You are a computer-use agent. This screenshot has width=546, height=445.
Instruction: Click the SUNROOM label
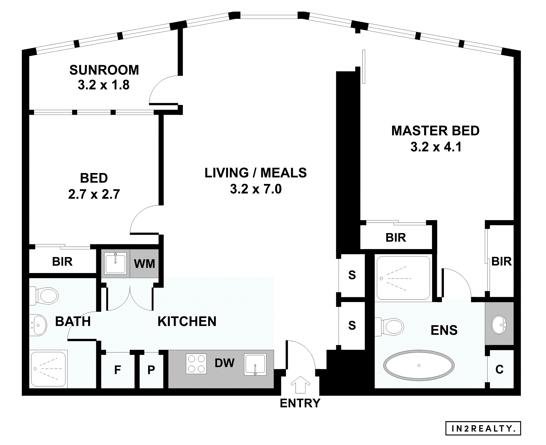point(104,70)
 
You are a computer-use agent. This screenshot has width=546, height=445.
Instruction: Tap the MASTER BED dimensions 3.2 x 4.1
point(436,147)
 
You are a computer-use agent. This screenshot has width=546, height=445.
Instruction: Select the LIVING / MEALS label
point(256,173)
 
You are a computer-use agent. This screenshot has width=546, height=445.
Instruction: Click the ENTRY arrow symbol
point(300,385)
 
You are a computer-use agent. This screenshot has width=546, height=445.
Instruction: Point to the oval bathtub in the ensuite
point(419,365)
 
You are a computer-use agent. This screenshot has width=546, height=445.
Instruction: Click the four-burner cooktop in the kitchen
point(196,364)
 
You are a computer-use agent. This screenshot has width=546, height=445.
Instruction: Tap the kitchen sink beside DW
point(255,364)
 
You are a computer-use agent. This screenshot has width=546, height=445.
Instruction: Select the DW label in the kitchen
point(225,363)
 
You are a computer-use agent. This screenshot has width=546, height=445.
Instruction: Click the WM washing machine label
point(144,264)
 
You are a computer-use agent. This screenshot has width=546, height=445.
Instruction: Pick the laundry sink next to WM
point(116,263)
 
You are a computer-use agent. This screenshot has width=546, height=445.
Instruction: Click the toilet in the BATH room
point(44,296)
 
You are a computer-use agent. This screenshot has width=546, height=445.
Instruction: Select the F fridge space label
point(117,370)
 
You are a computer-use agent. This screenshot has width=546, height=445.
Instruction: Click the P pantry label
point(151,370)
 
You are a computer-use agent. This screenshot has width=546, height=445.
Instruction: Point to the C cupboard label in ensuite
point(499,369)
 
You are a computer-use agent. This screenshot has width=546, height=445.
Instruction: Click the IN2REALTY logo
point(483,429)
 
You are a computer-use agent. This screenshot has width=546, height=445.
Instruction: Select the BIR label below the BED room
point(62,262)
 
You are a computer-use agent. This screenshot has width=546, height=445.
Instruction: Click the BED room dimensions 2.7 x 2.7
point(94,194)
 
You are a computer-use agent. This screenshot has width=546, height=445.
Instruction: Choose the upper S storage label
point(352,275)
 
